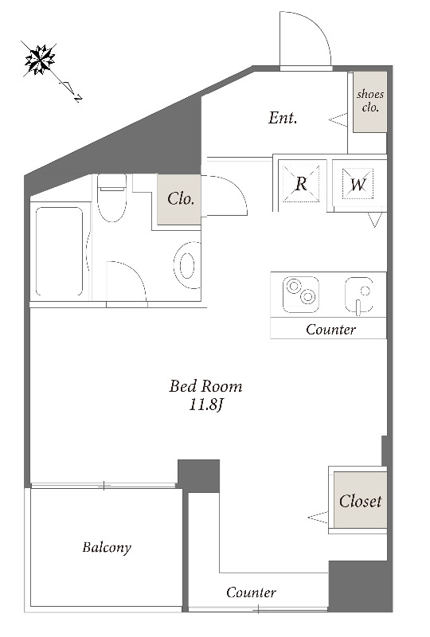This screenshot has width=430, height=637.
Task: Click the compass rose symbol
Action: point(40,60)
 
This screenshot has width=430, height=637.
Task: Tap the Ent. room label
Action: point(283,118)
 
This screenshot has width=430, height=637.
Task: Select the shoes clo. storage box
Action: point(369,102)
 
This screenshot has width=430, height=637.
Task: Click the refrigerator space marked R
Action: point(301,184)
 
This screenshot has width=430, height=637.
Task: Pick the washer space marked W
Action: point(358,184)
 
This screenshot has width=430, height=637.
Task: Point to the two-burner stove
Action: point(301,295)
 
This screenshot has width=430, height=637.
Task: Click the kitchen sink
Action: point(359,295)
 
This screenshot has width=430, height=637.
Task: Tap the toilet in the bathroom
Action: point(111,197)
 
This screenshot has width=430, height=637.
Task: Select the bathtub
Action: point(60,252)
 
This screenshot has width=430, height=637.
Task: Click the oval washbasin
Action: point(187,266)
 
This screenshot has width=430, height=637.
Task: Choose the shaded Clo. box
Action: point(179,199)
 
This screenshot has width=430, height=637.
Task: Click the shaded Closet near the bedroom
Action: point(360,501)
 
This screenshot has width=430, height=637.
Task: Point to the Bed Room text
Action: point(205,386)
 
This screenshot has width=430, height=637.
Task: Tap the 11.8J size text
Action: point(206,404)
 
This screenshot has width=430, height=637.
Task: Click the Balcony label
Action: point(107,548)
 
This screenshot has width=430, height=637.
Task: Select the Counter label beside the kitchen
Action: point(330,329)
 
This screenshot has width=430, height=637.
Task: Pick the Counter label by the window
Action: point(251,592)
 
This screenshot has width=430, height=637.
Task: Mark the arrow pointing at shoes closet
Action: point(338,120)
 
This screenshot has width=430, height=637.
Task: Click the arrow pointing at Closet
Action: point(318,517)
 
